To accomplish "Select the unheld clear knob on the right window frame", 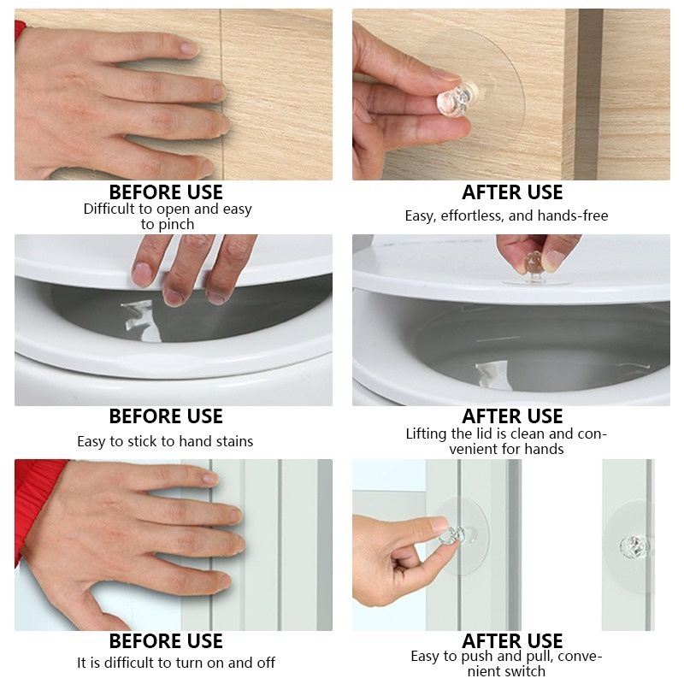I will click(634, 544).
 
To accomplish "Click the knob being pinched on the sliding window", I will click(451, 536).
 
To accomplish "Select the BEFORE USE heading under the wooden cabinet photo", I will click(166, 192).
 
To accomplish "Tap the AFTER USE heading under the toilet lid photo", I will click(512, 416).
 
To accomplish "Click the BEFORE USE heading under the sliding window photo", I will click(166, 641).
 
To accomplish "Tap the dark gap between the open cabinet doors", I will click(589, 94).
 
